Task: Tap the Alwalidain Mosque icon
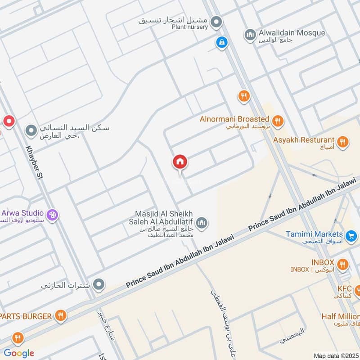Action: (x=250, y=34)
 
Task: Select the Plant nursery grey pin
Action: (x=217, y=21)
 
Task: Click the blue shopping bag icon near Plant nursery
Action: (x=221, y=43)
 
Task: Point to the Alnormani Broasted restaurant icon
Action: (x=278, y=121)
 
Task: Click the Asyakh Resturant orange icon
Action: (x=343, y=142)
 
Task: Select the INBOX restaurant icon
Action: (x=342, y=264)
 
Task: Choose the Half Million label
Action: (x=340, y=316)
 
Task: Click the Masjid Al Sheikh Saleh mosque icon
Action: (x=202, y=222)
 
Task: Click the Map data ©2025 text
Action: (x=335, y=355)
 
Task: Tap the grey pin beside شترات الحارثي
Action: (x=99, y=284)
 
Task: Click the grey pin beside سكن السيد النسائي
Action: (x=31, y=131)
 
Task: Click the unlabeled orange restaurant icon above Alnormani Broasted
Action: (x=243, y=96)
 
